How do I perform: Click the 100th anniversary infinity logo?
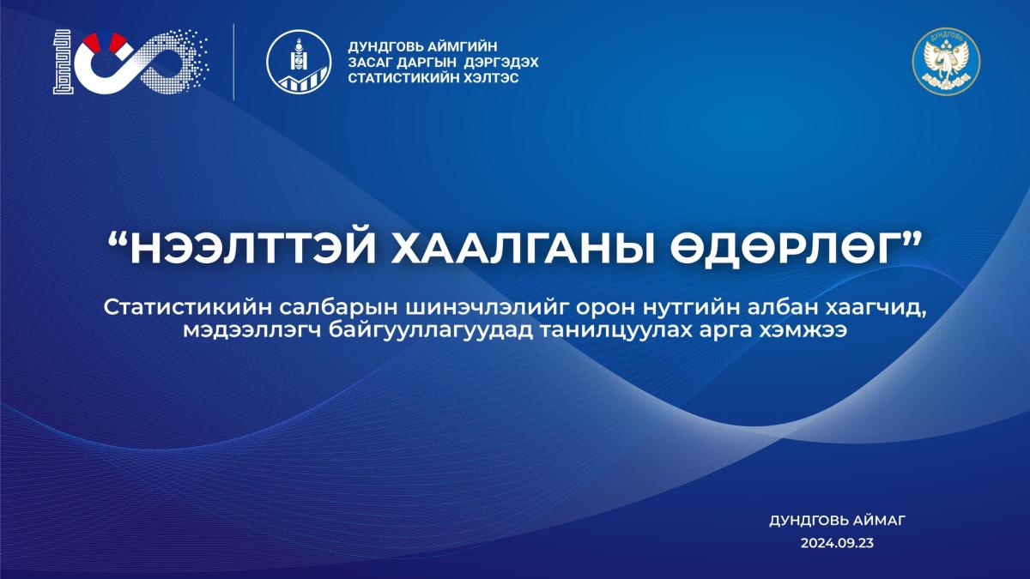(x=130, y=62)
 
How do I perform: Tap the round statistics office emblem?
(x=299, y=62)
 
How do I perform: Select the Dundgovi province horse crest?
(x=946, y=61)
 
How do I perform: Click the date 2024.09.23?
(x=838, y=543)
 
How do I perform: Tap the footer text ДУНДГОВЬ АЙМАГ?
(x=838, y=521)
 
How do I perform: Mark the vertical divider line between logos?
(x=233, y=62)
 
